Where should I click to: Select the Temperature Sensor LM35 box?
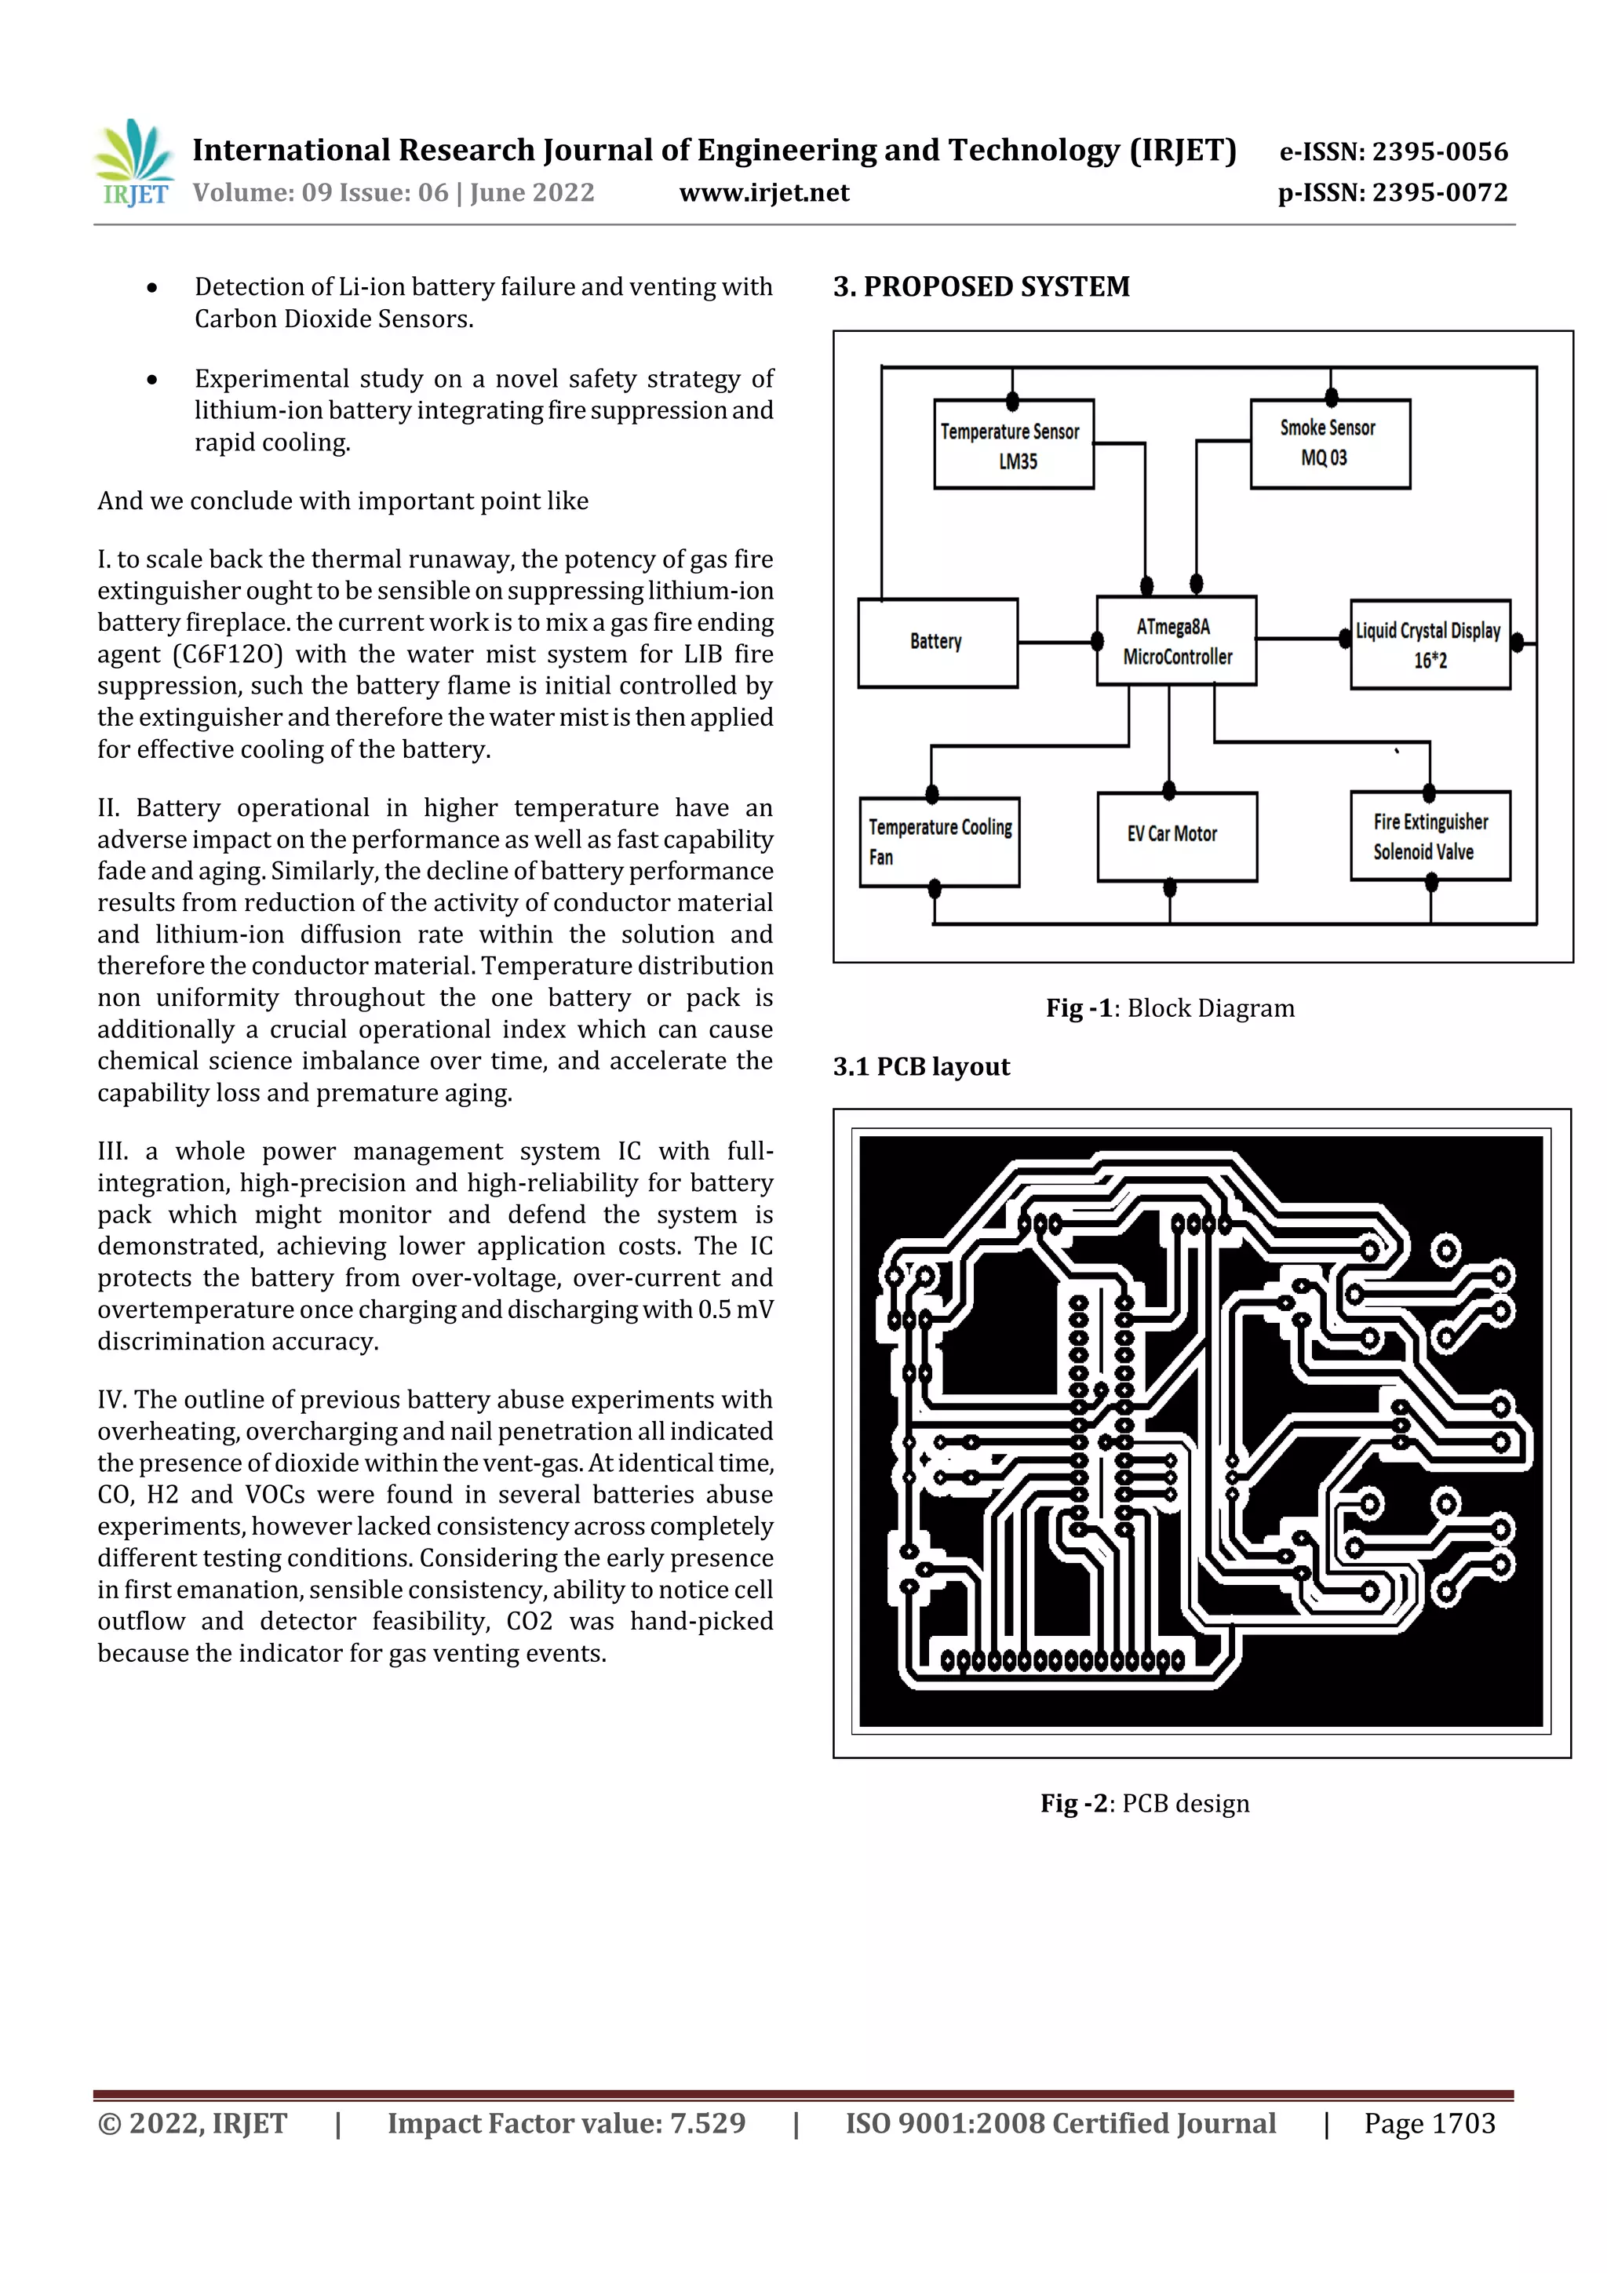point(1013,445)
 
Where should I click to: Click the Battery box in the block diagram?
point(937,643)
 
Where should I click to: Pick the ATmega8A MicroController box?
point(1175,642)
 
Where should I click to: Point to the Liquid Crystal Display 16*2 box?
point(1430,644)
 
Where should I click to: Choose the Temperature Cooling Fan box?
point(938,841)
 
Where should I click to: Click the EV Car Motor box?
point(1176,836)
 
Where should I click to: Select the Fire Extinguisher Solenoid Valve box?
point(1430,836)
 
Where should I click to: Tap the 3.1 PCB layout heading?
point(921,1066)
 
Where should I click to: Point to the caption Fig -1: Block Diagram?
point(1169,1007)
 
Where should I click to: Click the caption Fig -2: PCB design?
point(1145,1803)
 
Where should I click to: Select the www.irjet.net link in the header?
point(763,193)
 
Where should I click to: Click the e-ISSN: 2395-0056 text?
point(1393,151)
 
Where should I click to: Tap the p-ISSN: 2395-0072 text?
point(1392,193)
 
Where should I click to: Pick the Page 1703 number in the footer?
point(1429,2123)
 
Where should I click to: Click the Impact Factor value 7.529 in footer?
point(567,2123)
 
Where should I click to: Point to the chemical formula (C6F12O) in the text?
point(228,654)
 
